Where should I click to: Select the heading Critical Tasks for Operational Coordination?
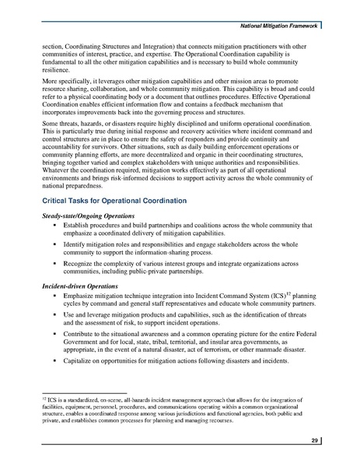click(114, 201)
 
